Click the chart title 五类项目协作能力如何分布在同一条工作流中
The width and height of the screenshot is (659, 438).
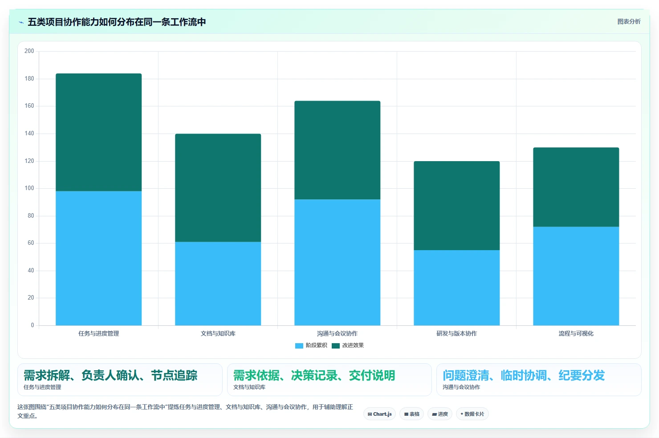click(x=117, y=22)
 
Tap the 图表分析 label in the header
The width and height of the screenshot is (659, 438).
click(x=629, y=21)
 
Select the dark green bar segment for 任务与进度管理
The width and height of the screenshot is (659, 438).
click(x=98, y=132)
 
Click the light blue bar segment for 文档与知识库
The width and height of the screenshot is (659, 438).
click(x=218, y=284)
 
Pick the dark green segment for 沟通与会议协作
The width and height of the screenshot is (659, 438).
click(x=338, y=150)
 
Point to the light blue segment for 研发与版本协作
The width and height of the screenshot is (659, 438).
click(x=456, y=288)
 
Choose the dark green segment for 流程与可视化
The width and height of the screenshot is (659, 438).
click(x=576, y=187)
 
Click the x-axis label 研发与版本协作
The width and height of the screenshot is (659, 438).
click(x=456, y=333)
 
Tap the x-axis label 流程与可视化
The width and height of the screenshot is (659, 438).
click(x=576, y=333)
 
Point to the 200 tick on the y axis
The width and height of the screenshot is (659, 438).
click(x=29, y=51)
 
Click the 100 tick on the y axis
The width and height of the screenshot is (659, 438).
click(x=29, y=188)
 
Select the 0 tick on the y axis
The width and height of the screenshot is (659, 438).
click(x=33, y=325)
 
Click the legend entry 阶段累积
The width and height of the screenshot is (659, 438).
click(x=311, y=345)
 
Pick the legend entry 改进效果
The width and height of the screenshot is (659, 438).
click(x=348, y=345)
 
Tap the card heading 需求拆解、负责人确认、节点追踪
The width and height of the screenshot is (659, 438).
click(x=110, y=375)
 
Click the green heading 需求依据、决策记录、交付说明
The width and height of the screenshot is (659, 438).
click(x=314, y=375)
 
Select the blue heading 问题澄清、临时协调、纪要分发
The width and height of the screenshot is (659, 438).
click(x=524, y=375)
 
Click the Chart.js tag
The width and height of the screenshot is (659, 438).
click(x=379, y=414)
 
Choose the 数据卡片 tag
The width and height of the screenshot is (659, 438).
click(x=472, y=414)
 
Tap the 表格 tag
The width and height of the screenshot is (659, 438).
click(x=411, y=414)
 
